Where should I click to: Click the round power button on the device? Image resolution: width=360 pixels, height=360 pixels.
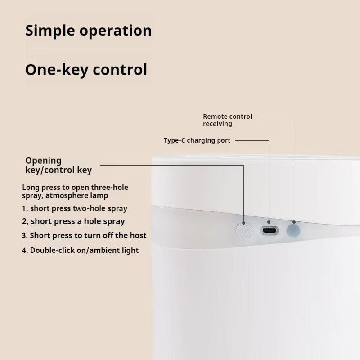pos(244,230)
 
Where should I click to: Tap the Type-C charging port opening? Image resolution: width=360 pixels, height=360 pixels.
pos(269,230)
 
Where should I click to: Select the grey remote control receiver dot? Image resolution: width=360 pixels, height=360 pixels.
pos(293,230)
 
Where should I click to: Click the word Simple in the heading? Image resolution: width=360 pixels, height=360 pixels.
pos(50,31)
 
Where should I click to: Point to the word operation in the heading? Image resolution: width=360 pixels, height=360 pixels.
pos(116,31)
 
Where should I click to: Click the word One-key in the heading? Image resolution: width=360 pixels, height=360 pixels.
pos(57,70)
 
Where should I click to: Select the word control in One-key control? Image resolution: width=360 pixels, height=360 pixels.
pos(120,70)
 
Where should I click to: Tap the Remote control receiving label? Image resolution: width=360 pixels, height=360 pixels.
pos(228,120)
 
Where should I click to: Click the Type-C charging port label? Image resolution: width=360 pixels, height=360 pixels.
pos(197,140)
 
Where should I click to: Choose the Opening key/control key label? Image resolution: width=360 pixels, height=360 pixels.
pos(58,165)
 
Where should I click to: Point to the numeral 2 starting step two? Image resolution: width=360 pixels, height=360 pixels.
pos(24,221)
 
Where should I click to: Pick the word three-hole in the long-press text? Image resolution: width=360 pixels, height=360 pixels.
pos(109,187)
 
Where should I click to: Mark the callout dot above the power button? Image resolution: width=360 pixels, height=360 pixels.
pos(243,223)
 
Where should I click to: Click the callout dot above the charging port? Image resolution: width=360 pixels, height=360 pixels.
pos(269,222)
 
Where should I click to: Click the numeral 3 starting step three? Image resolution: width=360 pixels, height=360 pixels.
pos(24,235)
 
